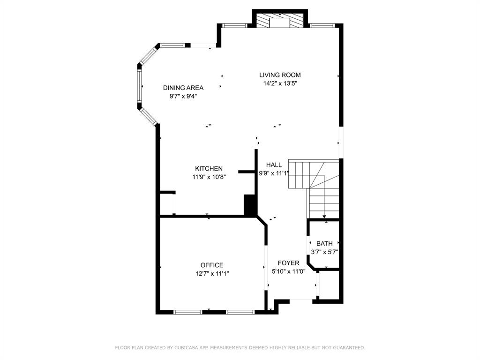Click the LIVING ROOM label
(x=280, y=75)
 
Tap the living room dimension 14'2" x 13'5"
(x=280, y=83)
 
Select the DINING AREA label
(x=183, y=88)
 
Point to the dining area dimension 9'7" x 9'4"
(x=183, y=96)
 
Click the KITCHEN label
(x=209, y=169)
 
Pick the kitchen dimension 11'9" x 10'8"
(x=209, y=177)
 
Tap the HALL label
(x=274, y=165)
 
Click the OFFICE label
(x=212, y=265)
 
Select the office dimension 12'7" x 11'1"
(x=212, y=274)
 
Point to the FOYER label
(x=288, y=263)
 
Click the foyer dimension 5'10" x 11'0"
(x=288, y=271)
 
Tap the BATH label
(x=324, y=243)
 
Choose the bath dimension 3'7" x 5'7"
(x=324, y=252)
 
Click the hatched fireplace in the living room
(x=280, y=21)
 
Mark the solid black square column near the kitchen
(x=250, y=205)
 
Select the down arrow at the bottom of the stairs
(x=325, y=216)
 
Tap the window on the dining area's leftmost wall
(x=139, y=87)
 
